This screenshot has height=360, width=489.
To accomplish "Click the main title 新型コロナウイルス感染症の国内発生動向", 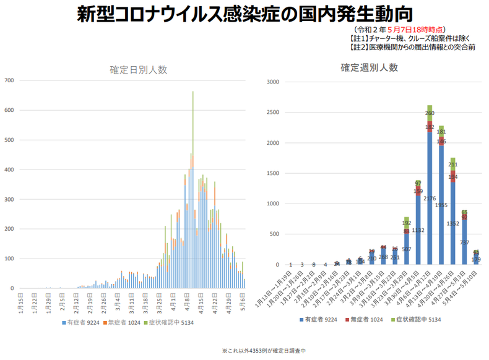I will pyautogui.click(x=244, y=14).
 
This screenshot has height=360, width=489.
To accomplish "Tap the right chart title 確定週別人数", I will pyautogui.click(x=369, y=68).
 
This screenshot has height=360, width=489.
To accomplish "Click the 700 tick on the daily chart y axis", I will pyautogui.click(x=9, y=80).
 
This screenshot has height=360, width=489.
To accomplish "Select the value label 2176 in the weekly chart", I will pyautogui.click(x=430, y=199).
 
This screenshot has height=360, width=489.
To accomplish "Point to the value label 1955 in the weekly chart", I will pyautogui.click(x=441, y=205).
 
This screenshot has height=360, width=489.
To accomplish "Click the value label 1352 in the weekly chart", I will pyautogui.click(x=453, y=223).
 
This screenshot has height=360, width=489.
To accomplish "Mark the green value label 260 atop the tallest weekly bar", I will pyautogui.click(x=430, y=113).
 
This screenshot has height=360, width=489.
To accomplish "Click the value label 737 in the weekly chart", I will pyautogui.click(x=465, y=242).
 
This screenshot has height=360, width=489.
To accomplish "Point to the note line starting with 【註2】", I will pyautogui.click(x=412, y=47).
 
